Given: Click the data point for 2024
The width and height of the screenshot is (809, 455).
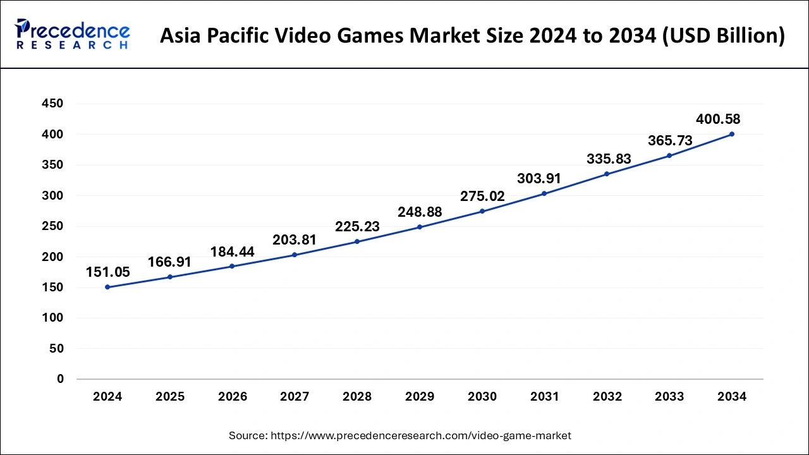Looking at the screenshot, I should [107, 287].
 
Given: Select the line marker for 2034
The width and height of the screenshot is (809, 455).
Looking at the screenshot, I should [732, 134].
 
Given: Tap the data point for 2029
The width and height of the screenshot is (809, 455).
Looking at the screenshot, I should [420, 227].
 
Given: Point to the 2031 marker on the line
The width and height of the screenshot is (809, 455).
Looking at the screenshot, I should [544, 193].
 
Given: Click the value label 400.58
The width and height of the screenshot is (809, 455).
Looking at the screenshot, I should [718, 119].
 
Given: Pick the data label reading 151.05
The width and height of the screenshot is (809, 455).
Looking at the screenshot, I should [107, 272].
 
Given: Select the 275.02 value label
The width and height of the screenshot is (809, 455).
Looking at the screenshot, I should [482, 197].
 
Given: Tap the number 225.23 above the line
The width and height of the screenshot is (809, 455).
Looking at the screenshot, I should [358, 227].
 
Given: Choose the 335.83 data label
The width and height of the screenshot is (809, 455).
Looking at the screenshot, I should [609, 159].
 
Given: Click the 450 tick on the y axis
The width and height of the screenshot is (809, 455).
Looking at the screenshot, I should [52, 104].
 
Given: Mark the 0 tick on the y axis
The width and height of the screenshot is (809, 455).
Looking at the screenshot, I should [60, 379].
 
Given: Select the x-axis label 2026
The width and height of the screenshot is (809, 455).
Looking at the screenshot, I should [233, 397].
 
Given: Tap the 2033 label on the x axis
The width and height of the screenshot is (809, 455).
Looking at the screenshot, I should [669, 397].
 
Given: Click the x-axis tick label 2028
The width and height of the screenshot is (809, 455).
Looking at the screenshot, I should [357, 397].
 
